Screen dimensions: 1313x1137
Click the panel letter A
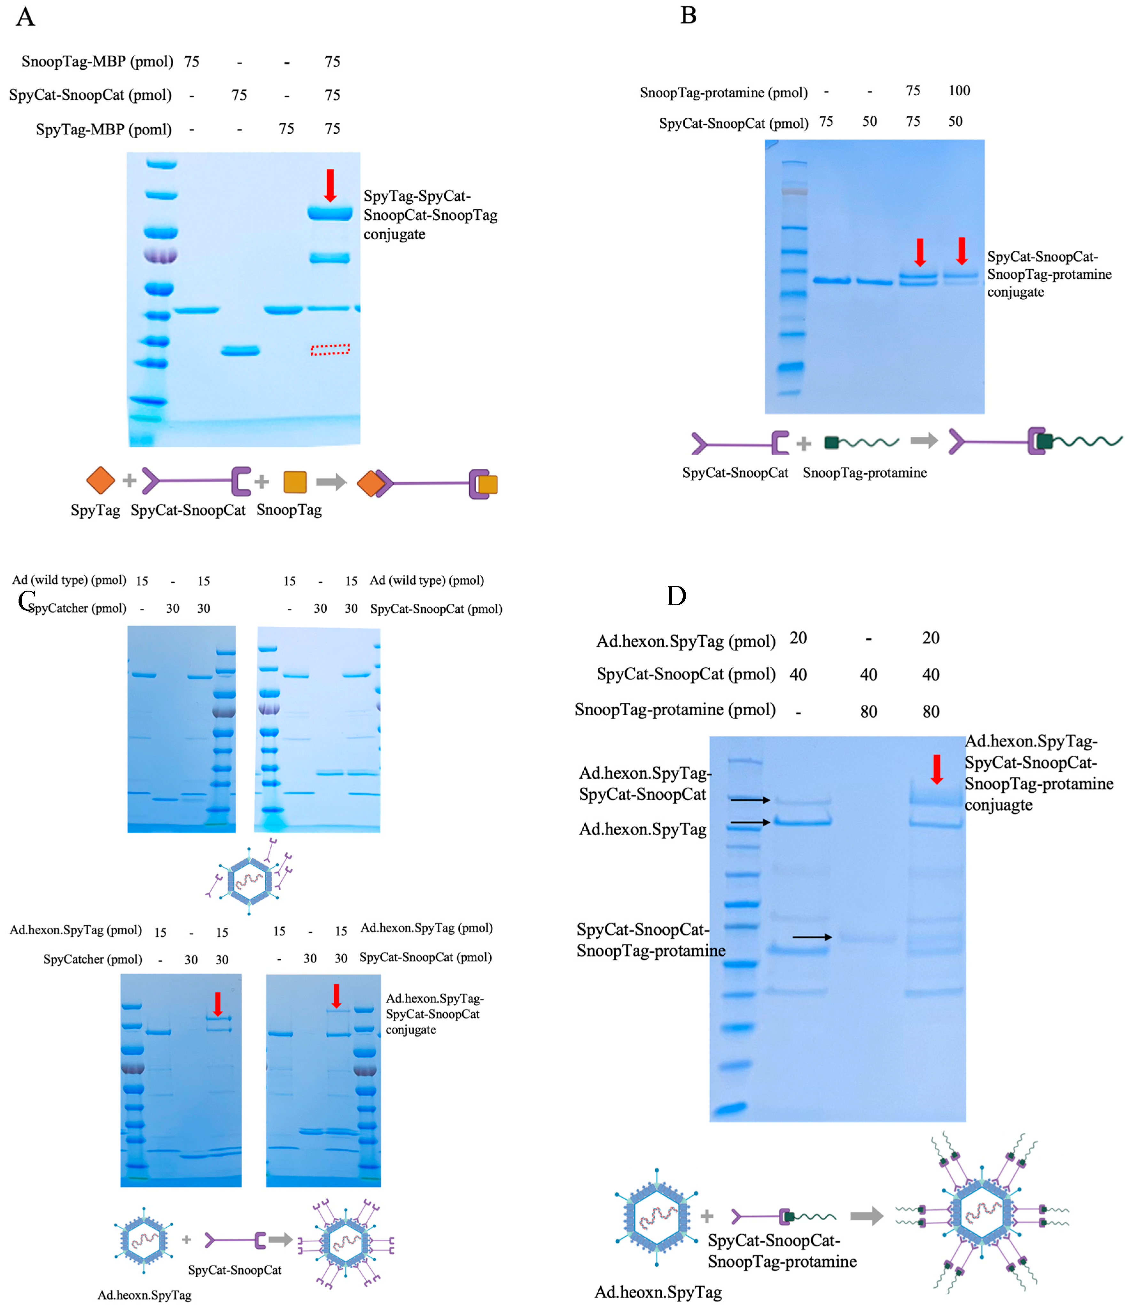tap(25, 17)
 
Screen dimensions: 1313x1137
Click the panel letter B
tap(689, 15)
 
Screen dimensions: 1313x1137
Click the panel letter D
tap(676, 596)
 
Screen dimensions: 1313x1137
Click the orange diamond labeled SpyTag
tap(100, 480)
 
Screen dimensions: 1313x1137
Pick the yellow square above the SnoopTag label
tap(295, 482)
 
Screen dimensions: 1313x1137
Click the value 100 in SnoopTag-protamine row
tap(959, 91)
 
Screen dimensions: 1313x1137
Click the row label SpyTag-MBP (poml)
tap(104, 130)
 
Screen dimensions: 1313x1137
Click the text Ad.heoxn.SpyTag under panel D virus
tap(658, 1292)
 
